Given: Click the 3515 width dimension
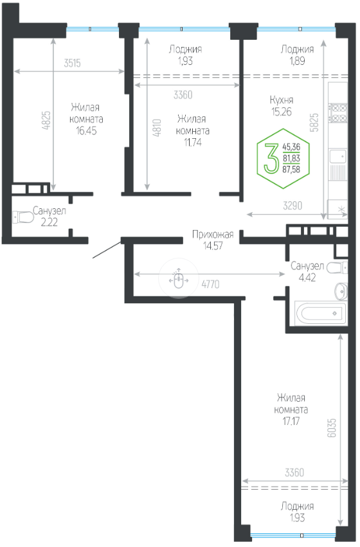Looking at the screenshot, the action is click(x=72, y=63).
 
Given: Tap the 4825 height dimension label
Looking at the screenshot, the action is click(x=46, y=121).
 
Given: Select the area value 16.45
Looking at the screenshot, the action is click(x=86, y=131).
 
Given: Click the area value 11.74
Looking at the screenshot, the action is click(x=193, y=142).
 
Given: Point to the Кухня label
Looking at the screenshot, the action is click(x=282, y=100).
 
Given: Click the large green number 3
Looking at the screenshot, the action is click(x=271, y=158).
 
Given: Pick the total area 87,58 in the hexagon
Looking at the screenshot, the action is click(x=291, y=170).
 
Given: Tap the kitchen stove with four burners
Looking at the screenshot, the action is click(x=338, y=112).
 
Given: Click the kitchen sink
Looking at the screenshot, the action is click(x=337, y=156).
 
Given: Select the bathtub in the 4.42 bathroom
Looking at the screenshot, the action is click(x=321, y=314).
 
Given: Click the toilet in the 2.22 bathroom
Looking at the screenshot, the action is click(x=23, y=217).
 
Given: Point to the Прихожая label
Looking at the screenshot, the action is click(x=213, y=235).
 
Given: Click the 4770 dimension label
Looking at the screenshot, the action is click(x=210, y=284).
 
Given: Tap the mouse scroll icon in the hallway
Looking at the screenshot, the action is click(x=179, y=279).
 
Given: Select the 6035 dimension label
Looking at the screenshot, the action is click(x=332, y=428).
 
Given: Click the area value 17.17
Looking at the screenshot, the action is click(x=291, y=421).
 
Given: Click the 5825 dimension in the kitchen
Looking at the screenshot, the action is click(x=314, y=122).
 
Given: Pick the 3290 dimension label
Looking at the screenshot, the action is click(x=292, y=206).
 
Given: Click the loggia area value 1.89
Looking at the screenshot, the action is click(x=297, y=61).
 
